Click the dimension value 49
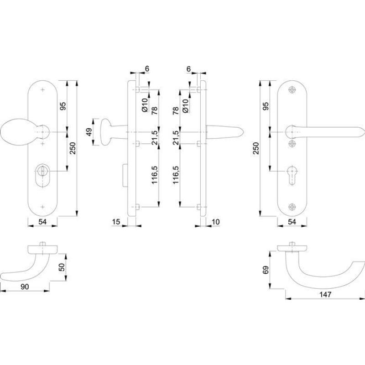pos(89,132)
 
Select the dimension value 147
pos(325,294)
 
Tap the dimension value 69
pos(266,270)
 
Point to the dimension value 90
pos(25,287)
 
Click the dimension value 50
pos(62,267)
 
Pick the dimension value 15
pos(116,222)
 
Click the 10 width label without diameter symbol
pos(216,222)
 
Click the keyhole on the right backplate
pos(292,175)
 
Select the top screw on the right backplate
pos(292,89)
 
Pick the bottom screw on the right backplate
pos(292,207)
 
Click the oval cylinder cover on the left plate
pos(42,175)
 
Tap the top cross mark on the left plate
pos(42,89)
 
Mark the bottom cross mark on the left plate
pos(42,207)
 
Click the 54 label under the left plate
pos(42,222)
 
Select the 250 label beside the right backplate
pos(255,148)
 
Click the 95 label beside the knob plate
pos(63,106)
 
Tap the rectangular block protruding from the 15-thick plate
pos(125,175)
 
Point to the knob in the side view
pos(106,132)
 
